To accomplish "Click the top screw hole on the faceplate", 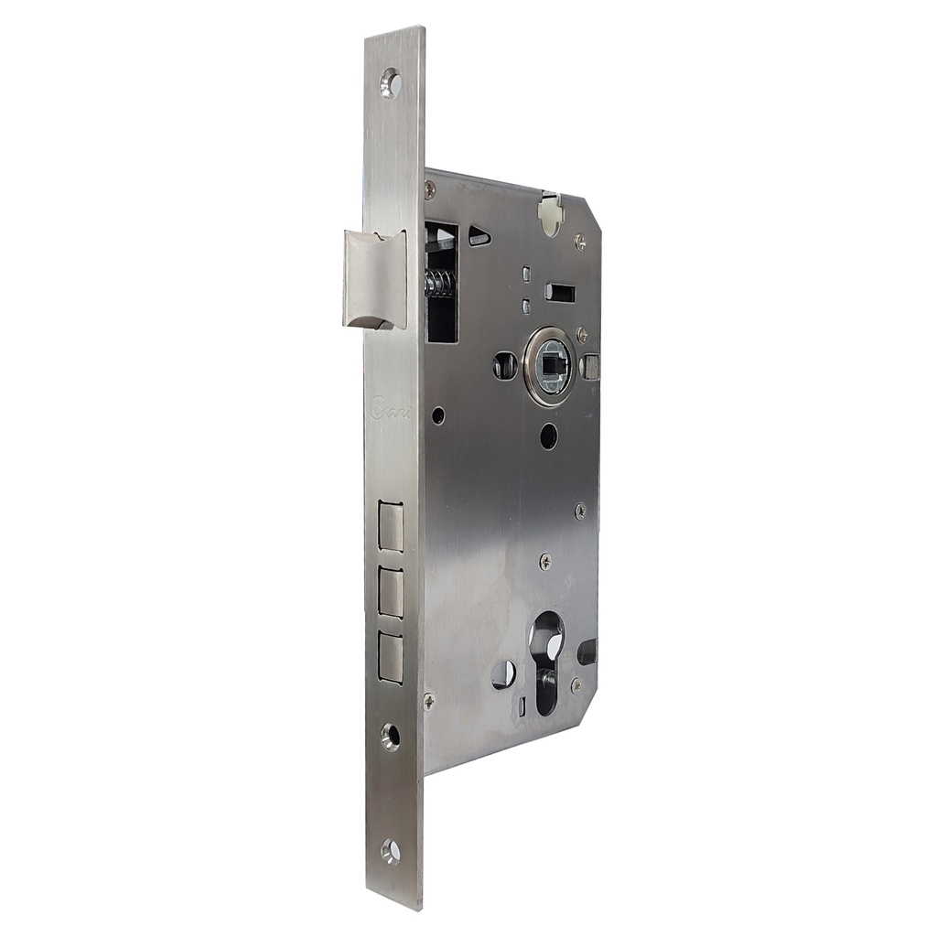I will point(391,83).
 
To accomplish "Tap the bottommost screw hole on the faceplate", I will point(391,851).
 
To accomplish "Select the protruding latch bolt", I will point(372,278).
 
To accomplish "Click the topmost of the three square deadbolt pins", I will point(391,527).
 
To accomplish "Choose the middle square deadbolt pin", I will point(391,592).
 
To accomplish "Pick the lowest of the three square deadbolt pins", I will point(391,657).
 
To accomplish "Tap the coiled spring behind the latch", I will point(439,284).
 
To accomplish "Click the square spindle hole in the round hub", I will point(551,366).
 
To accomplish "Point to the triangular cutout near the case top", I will point(479,238).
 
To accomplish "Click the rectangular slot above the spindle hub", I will point(559,293).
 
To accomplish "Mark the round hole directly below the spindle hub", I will point(548,436).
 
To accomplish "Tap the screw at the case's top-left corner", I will point(430,189).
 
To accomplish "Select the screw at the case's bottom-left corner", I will point(429,702).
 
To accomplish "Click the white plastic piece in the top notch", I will point(549,212).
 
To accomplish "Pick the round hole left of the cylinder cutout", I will point(503,674).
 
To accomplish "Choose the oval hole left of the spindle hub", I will point(504,366).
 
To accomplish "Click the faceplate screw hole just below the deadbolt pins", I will point(391,737).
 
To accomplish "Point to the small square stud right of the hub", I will point(591,367).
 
